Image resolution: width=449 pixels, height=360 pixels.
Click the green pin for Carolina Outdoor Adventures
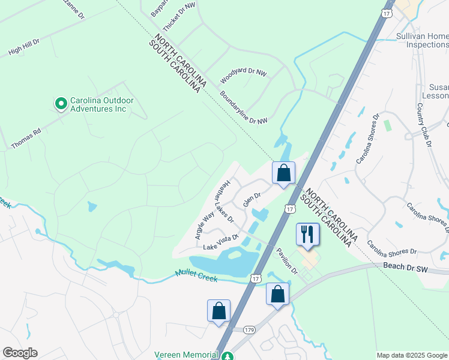point(61,104)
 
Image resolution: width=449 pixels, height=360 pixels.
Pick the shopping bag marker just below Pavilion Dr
point(277,294)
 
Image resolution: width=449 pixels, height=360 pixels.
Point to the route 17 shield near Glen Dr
point(290,209)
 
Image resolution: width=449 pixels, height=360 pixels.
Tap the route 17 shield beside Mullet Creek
point(256,278)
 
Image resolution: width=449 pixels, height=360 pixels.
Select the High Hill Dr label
point(23,48)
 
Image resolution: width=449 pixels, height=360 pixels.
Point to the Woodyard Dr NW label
point(243,76)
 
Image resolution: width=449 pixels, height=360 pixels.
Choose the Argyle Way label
point(205,226)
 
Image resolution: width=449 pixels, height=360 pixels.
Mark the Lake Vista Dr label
point(221,242)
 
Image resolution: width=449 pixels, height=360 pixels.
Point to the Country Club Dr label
point(424,125)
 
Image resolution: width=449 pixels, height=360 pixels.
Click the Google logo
point(20,353)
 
